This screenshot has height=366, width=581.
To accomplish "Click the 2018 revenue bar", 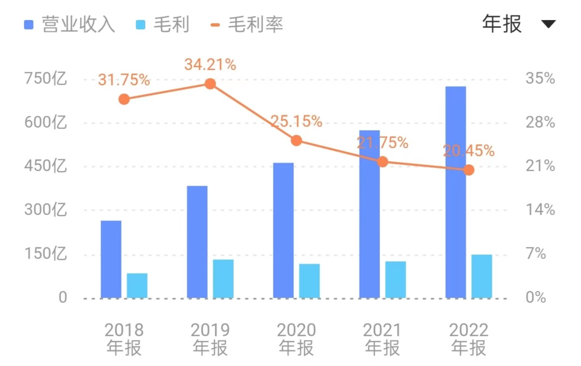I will (111, 259).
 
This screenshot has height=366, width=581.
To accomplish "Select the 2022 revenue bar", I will (456, 192).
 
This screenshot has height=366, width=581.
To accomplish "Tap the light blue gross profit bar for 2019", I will (223, 279).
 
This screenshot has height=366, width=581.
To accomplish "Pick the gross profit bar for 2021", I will (395, 280).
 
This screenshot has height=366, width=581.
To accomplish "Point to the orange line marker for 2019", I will (210, 84).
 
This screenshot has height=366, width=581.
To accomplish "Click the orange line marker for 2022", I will (469, 170).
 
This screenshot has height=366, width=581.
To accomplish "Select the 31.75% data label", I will (124, 80).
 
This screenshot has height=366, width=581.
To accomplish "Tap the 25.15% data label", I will (296, 121).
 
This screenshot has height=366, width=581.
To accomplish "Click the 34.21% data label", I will (210, 65).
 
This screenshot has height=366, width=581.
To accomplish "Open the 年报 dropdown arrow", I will (549, 24).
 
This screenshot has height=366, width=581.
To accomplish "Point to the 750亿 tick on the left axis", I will (45, 79).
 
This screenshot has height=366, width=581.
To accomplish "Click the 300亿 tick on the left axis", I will (45, 210).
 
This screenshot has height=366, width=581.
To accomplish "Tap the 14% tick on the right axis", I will (540, 210).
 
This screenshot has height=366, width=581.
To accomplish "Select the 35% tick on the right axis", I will (540, 79).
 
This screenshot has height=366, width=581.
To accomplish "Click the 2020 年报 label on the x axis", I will (296, 339).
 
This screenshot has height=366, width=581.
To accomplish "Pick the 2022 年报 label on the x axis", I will (469, 339).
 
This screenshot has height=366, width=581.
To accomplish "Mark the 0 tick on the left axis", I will (62, 298).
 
